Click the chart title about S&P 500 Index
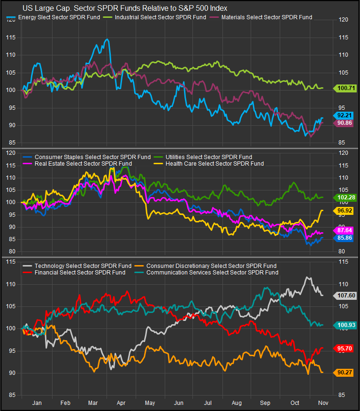click(125, 8)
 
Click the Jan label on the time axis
click(37, 402)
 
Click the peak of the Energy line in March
click(107, 39)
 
